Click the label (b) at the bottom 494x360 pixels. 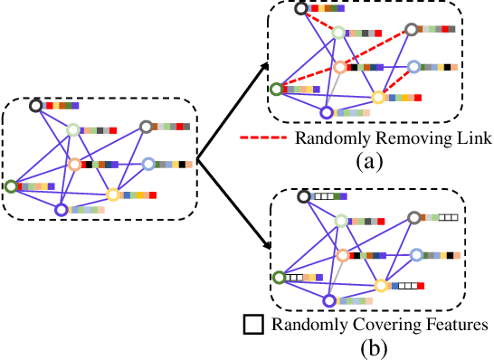[x=369, y=346]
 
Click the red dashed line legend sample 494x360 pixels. [x=263, y=138]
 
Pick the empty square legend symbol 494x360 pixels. [x=252, y=323]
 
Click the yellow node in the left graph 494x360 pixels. [x=113, y=194]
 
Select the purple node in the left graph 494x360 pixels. [x=62, y=210]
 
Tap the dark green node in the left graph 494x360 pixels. [x=11, y=186]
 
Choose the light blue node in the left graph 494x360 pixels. [x=148, y=164]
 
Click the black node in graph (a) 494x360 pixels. [x=301, y=8]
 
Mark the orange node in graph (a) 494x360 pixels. [x=340, y=67]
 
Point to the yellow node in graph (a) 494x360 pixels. [x=379, y=96]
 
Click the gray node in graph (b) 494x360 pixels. [x=413, y=217]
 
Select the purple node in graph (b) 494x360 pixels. [x=328, y=300]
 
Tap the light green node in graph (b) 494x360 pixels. [x=339, y=220]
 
